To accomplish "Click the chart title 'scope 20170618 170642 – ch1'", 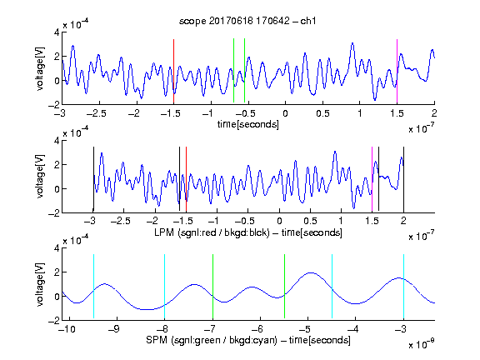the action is coord(247,21).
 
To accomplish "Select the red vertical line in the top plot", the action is coord(173,71).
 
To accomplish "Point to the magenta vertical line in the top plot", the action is coord(397,71).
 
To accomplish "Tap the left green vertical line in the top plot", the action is coord(233,70).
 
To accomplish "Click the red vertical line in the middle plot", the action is coord(186,179).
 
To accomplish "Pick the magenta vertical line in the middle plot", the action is coord(372,179).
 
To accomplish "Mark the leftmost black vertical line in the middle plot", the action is coord(93,179).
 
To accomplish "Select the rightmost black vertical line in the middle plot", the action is coord(403,179).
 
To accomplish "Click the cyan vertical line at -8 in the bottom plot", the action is coord(164,286).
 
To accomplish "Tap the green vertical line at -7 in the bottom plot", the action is coord(212,286).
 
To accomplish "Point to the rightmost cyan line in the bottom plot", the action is coord(403,286).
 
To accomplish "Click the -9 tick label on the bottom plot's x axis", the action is coord(114,329).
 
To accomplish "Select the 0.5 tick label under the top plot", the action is coord(322,113).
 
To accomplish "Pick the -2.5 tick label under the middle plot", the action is coord(120,221).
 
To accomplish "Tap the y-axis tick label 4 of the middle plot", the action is coord(57,141).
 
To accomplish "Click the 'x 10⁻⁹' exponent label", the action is coord(421,343).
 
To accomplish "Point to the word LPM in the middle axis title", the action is coord(164,232).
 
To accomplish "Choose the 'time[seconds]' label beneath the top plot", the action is coord(248,124).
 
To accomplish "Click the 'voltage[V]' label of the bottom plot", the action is coord(40,284).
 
